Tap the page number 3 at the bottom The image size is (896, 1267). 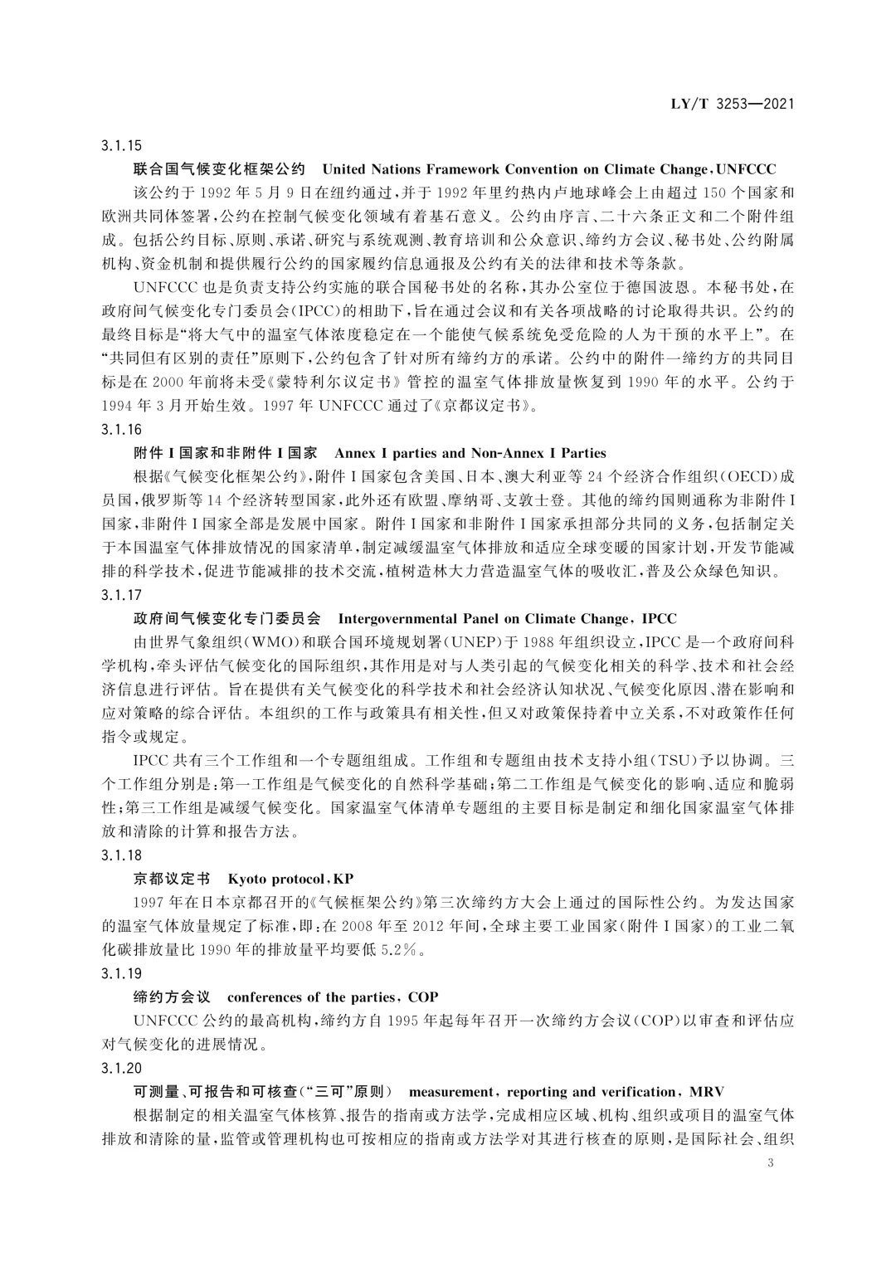click(771, 1163)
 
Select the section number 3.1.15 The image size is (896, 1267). click(122, 146)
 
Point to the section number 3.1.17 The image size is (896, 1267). click(122, 595)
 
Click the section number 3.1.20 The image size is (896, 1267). click(122, 1068)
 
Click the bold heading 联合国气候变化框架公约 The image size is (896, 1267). click(220, 169)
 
